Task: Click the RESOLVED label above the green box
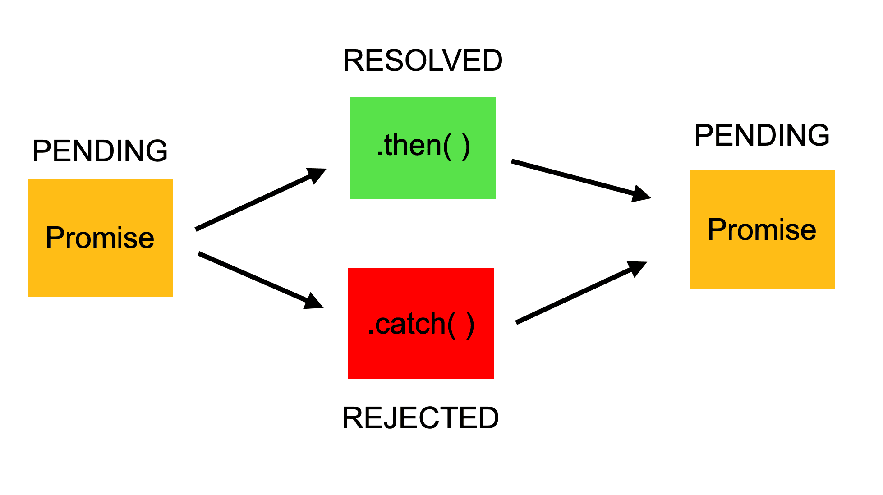pos(423,60)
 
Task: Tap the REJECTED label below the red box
pos(420,417)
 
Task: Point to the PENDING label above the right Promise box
pos(762,135)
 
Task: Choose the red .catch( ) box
pos(421,356)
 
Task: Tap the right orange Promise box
pos(762,266)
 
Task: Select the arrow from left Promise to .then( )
pos(253,203)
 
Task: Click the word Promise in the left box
pos(100,238)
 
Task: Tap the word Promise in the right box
pos(762,229)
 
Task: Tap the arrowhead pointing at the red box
pos(314,301)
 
